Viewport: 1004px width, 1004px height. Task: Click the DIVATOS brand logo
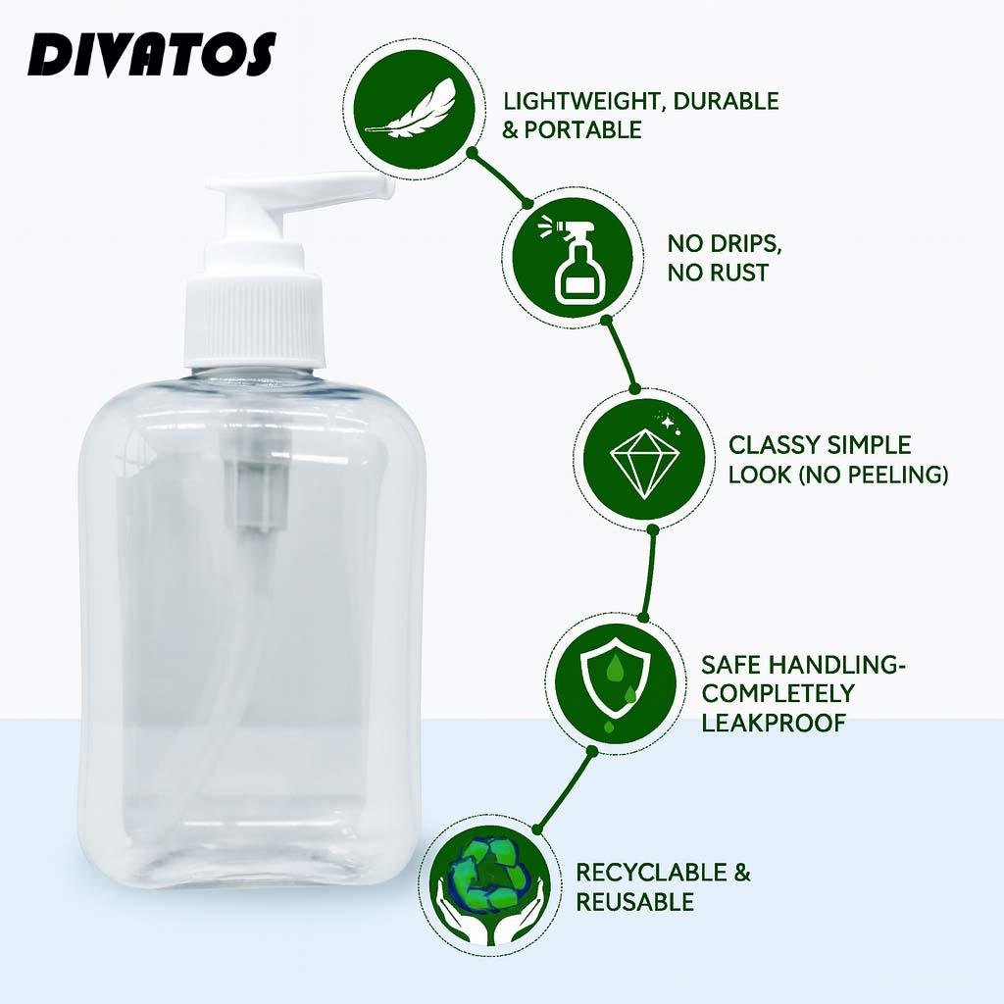pyautogui.click(x=152, y=55)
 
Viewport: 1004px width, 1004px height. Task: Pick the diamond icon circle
pyautogui.click(x=644, y=459)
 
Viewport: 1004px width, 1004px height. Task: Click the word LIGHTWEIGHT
pyautogui.click(x=582, y=101)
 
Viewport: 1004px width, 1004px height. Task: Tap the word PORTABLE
pyautogui.click(x=582, y=130)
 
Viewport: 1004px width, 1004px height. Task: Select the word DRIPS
pyautogui.click(x=746, y=243)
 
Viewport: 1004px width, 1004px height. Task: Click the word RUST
pyautogui.click(x=735, y=273)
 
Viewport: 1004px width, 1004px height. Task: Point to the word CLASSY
pyautogui.click(x=775, y=445)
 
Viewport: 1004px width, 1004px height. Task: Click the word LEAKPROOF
pyautogui.click(x=774, y=723)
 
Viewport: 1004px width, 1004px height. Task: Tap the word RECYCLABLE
pyautogui.click(x=651, y=872)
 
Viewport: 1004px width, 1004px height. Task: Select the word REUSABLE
pyautogui.click(x=634, y=902)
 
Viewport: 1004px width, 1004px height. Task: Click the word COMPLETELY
pyautogui.click(x=778, y=693)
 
